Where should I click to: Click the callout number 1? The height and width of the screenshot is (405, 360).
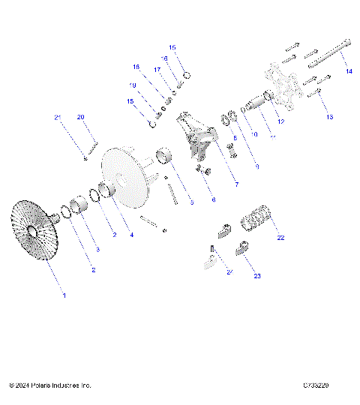coord(64,295)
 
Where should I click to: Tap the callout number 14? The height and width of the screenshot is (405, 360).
coord(348,71)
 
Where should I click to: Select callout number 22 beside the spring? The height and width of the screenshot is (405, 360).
coord(281,238)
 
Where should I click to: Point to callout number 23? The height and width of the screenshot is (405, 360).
coord(257,276)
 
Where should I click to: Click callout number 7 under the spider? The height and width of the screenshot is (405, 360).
coord(215,184)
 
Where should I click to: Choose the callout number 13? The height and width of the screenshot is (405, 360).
coord(327,118)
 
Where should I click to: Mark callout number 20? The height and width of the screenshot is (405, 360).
coord(81,117)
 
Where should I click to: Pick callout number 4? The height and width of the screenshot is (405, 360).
coord(131,235)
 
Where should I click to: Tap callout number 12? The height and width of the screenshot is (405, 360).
coord(280,121)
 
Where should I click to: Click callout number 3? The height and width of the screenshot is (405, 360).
coord(97,247)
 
